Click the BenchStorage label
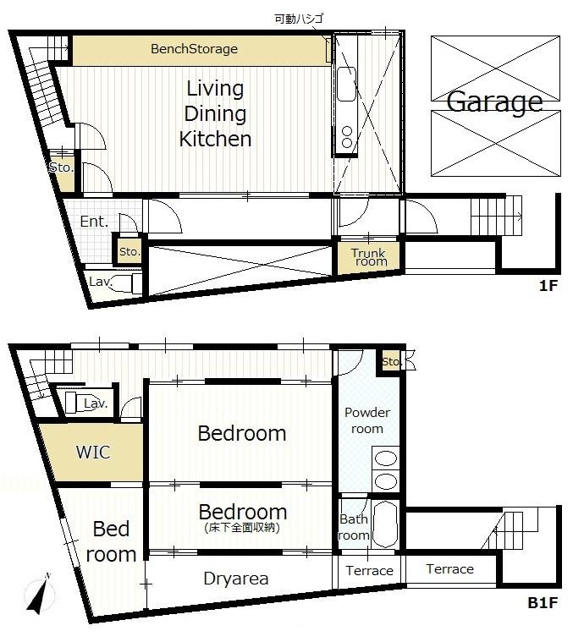click(194, 49)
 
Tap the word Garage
click(494, 102)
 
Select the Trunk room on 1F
click(369, 257)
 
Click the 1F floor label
click(548, 287)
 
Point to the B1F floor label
click(543, 603)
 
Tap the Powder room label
click(367, 420)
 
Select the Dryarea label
click(236, 579)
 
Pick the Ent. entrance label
click(94, 222)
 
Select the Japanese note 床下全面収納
click(242, 528)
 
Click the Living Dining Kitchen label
click(215, 113)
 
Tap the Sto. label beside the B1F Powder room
click(389, 362)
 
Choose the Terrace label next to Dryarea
click(369, 571)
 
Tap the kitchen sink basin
click(346, 85)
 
